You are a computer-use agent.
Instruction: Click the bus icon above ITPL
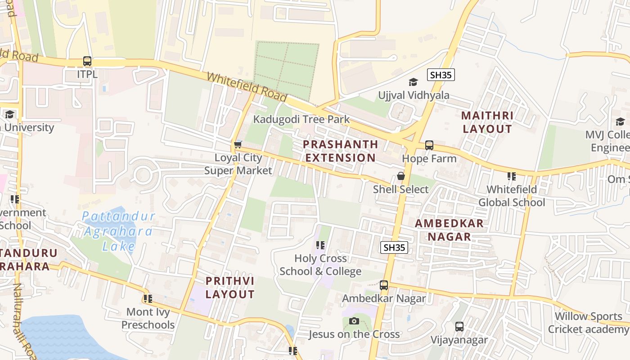tap(87, 61)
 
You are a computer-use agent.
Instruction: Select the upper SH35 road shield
tap(441, 75)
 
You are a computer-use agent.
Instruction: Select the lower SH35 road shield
tap(394, 247)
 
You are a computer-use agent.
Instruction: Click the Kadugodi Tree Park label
tap(301, 119)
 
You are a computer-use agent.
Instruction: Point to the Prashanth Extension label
tap(340, 151)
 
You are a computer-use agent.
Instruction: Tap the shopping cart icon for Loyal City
tap(238, 145)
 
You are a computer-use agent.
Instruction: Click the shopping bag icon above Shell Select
tap(400, 176)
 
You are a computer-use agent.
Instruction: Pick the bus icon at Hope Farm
tap(429, 145)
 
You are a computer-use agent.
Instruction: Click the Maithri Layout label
tap(487, 122)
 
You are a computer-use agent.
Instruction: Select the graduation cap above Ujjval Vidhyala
tap(413, 82)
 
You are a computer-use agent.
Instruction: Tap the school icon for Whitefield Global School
tap(511, 176)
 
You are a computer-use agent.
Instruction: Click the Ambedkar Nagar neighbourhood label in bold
tap(449, 230)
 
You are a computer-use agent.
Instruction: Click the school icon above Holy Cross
tap(320, 245)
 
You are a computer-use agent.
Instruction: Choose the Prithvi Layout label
tap(230, 288)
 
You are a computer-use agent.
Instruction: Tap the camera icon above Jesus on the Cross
tap(354, 321)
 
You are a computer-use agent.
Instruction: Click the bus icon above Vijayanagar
tap(459, 327)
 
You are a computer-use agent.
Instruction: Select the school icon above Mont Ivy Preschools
tap(148, 298)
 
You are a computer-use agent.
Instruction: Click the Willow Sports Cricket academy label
tap(589, 323)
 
